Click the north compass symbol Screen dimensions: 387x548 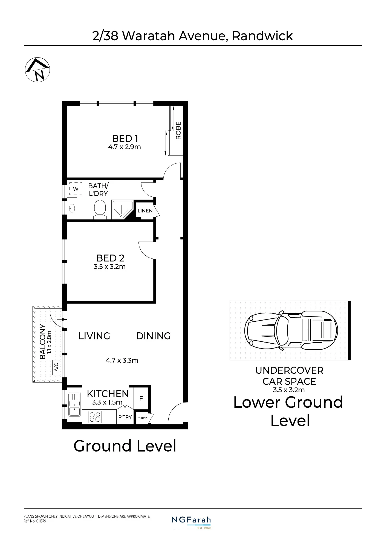pyautogui.click(x=37, y=70)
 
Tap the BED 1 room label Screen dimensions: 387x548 pyautogui.click(x=125, y=139)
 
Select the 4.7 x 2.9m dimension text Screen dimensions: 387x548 pyautogui.click(x=125, y=147)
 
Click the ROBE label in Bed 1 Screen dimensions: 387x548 pyautogui.click(x=178, y=131)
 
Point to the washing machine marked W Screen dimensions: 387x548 pyautogui.click(x=76, y=189)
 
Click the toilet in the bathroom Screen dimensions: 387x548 pyautogui.click(x=100, y=209)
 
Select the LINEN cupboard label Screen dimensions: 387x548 pyautogui.click(x=145, y=211)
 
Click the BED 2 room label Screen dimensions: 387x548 pyautogui.click(x=110, y=258)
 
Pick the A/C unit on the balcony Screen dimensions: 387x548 pyautogui.click(x=56, y=367)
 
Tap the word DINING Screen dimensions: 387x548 pyautogui.click(x=153, y=336)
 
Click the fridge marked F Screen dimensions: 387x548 pyautogui.click(x=141, y=398)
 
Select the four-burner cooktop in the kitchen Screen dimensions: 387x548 pyautogui.click(x=95, y=417)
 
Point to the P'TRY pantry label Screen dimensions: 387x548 pyautogui.click(x=125, y=417)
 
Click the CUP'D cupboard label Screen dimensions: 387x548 pyautogui.click(x=142, y=418)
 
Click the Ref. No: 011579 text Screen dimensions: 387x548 pyautogui.click(x=35, y=521)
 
